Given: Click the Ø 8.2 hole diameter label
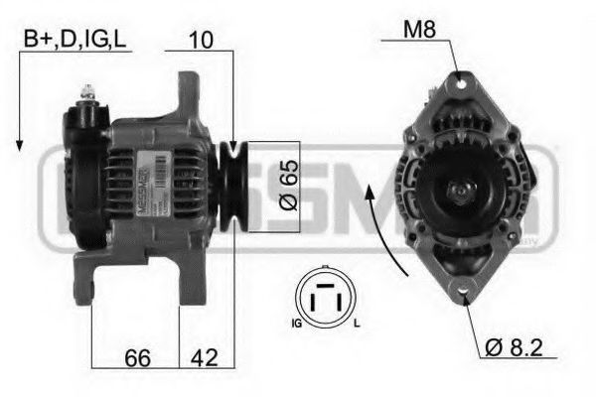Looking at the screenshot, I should click(x=517, y=347).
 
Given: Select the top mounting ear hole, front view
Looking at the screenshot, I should click(x=457, y=81).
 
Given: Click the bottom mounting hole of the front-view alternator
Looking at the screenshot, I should click(x=465, y=292).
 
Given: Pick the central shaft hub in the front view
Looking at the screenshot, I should click(x=458, y=188).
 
